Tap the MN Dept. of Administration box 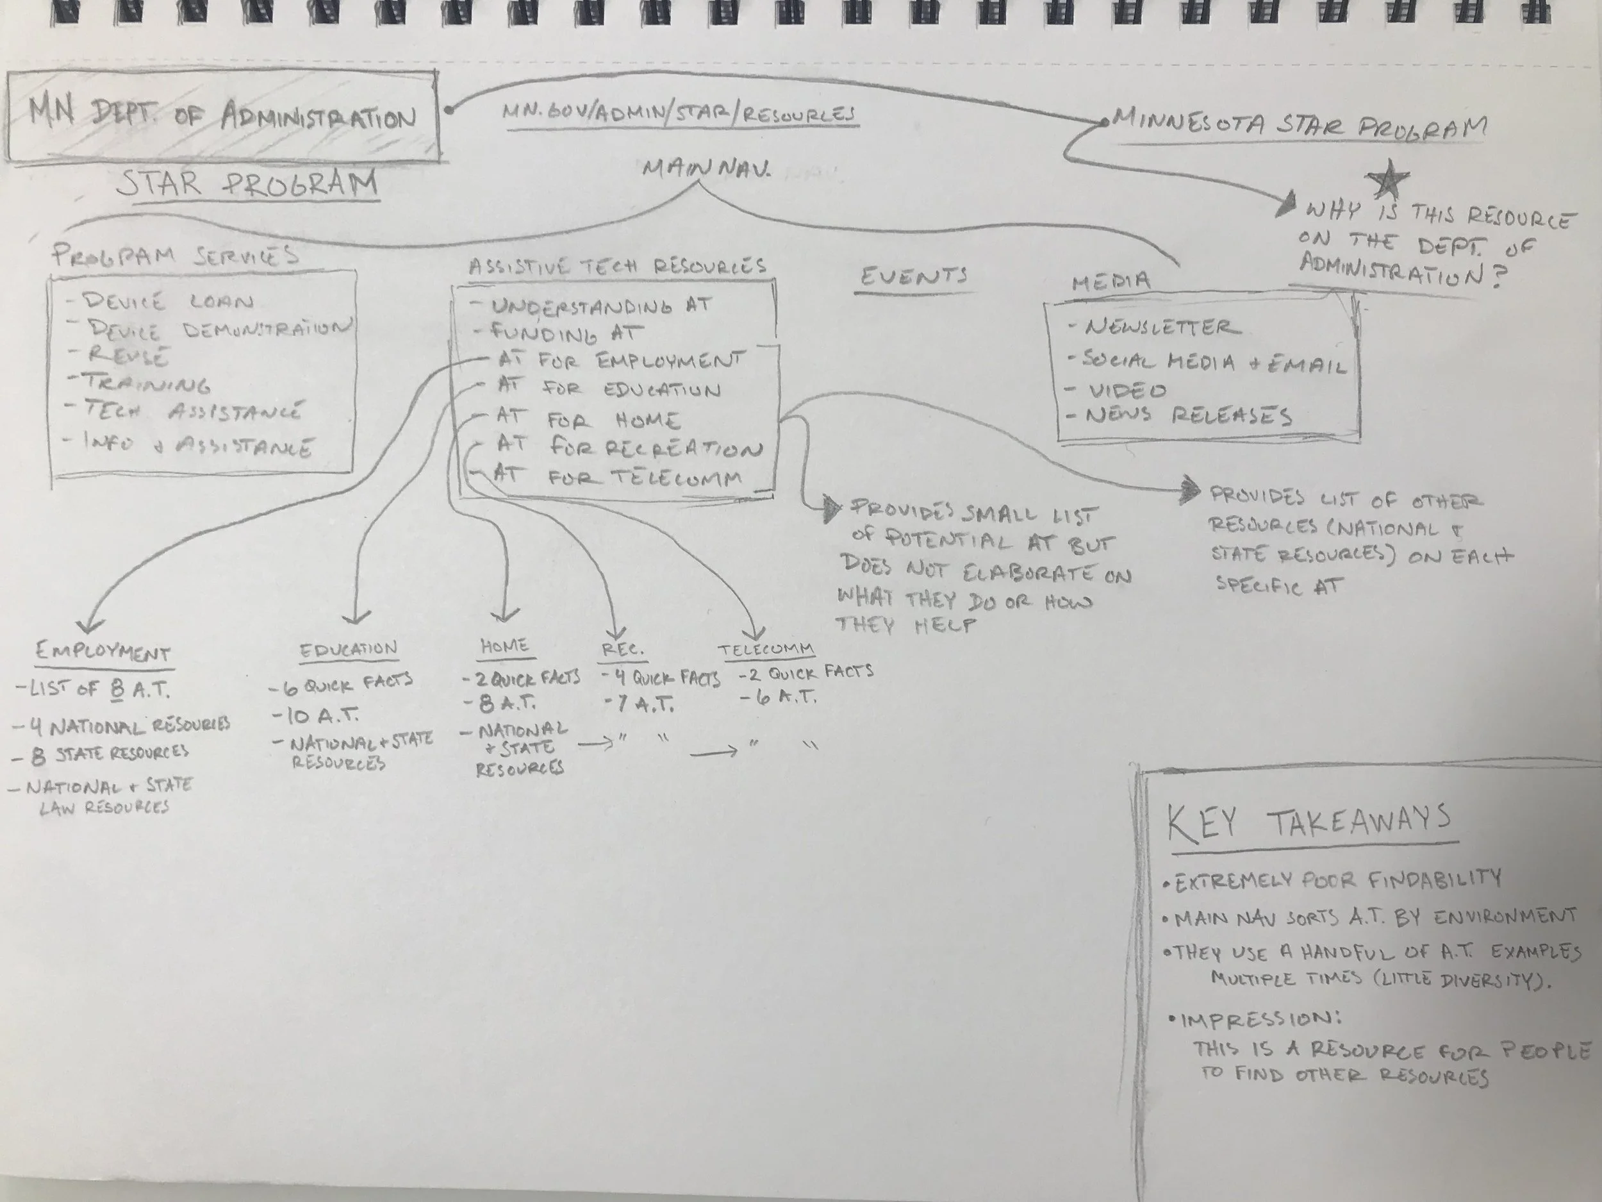223,116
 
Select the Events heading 914,276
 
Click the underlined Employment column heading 103,652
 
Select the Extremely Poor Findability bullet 1336,881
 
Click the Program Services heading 174,255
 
